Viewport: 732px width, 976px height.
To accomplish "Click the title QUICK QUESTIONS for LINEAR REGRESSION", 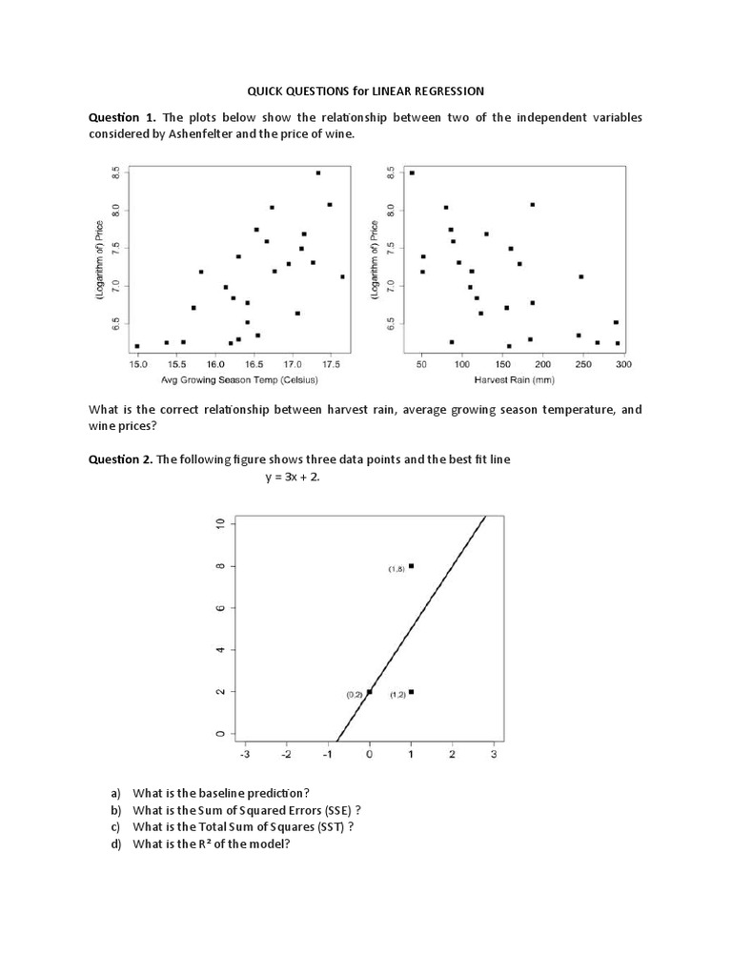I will pyautogui.click(x=366, y=91).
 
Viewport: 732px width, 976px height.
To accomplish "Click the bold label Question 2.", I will pyautogui.click(x=121, y=459).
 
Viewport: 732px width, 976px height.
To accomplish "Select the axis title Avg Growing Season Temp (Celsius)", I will pyautogui.click(x=239, y=379).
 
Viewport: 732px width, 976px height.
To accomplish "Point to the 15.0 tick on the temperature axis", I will pyautogui.click(x=138, y=364).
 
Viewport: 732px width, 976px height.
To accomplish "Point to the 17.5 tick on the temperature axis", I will pyautogui.click(x=331, y=364).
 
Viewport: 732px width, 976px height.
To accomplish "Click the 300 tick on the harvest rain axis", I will pyautogui.click(x=624, y=364).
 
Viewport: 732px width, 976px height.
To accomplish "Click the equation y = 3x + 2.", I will pyautogui.click(x=293, y=478).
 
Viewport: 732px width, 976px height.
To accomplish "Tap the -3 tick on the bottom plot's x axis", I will pyautogui.click(x=245, y=755).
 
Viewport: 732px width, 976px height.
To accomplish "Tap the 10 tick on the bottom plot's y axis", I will pyautogui.click(x=219, y=524).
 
